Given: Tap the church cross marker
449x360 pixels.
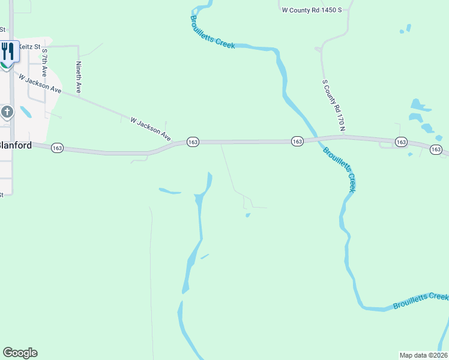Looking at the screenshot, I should point(7,112).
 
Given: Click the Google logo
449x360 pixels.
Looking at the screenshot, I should point(20,353).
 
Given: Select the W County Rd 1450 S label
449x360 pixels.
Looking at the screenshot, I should point(312,10).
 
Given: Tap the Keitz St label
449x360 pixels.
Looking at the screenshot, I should point(29,46).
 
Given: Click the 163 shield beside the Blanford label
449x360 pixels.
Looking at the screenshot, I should point(58,148).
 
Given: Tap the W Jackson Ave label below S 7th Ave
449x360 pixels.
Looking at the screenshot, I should point(40,83).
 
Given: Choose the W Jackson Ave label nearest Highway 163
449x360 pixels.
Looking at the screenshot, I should point(150,130).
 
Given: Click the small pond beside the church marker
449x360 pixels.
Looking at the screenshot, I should point(26,112).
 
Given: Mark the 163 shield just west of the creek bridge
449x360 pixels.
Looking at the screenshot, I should point(297,142).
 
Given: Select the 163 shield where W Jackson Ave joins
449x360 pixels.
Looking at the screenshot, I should point(193,142).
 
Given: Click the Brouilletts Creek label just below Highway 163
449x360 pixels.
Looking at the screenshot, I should point(340,169).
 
